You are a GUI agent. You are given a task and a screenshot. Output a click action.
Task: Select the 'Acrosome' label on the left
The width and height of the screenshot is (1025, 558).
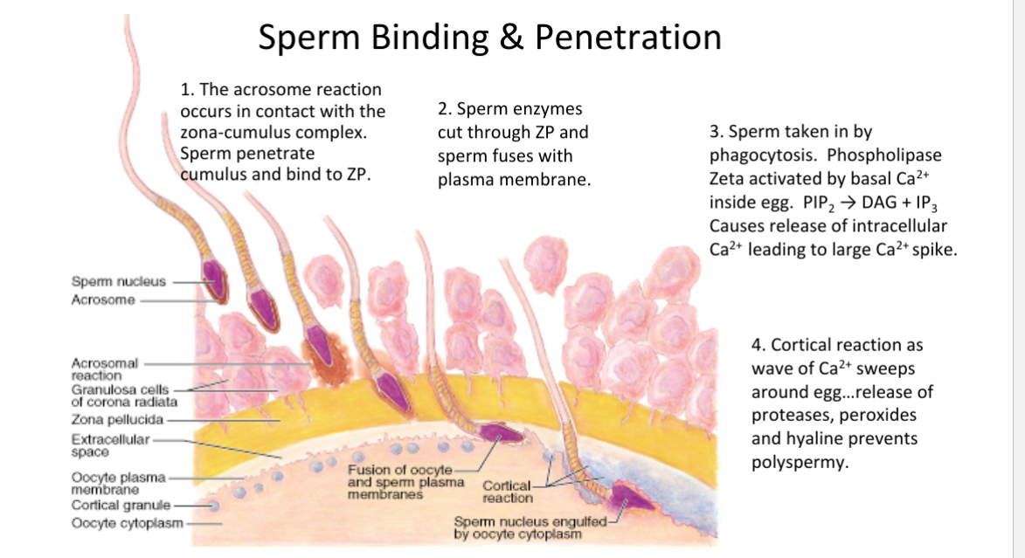coord(103,300)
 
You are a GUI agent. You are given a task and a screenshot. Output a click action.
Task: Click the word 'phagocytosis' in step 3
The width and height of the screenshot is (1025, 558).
coord(768,155)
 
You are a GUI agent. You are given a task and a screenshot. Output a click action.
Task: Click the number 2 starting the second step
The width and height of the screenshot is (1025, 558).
coord(442,110)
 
